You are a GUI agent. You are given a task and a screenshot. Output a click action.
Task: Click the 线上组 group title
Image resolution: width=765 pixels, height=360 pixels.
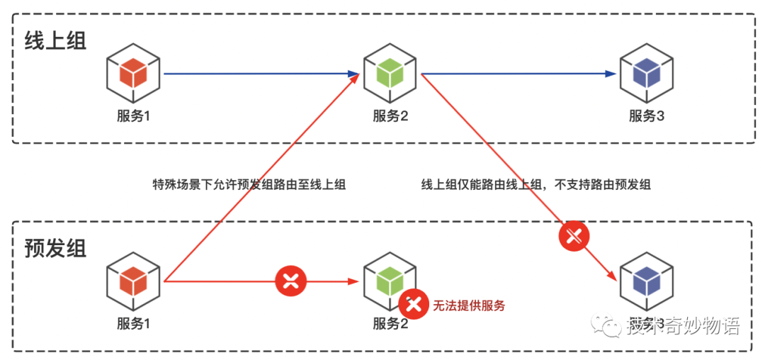click(x=55, y=40)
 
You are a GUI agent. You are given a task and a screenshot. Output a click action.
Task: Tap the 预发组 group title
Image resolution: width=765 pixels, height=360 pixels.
click(x=55, y=248)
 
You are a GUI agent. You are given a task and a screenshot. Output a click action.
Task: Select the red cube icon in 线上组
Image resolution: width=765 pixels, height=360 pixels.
click(x=132, y=73)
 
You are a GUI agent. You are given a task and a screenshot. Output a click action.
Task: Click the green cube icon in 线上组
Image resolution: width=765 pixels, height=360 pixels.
click(x=389, y=73)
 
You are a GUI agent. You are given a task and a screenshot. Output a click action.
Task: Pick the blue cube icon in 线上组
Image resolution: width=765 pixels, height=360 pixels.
click(x=645, y=73)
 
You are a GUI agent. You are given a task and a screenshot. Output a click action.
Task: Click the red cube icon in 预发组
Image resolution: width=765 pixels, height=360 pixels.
click(x=132, y=281)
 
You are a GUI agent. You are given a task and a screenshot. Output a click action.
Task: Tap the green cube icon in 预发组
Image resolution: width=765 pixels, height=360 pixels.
click(x=389, y=281)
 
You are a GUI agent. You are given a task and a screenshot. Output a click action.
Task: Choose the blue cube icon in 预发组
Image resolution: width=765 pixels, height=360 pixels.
click(x=645, y=281)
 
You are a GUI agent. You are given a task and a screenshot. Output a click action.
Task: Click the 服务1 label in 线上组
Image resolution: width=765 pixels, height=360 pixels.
click(x=134, y=117)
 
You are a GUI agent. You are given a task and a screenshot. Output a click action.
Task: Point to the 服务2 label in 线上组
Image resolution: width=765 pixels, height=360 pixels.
click(x=390, y=117)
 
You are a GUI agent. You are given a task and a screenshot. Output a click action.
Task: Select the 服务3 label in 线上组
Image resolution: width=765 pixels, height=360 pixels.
click(x=647, y=117)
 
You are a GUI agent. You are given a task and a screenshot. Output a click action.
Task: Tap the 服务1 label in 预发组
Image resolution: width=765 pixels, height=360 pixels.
click(x=134, y=325)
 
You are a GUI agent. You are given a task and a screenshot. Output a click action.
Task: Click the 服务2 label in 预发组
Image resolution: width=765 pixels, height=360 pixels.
click(x=390, y=325)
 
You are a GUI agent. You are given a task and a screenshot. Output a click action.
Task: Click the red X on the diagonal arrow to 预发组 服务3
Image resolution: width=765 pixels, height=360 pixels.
click(x=574, y=237)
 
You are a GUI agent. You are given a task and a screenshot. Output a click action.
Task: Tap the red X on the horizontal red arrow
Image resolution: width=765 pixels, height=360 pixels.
click(x=290, y=281)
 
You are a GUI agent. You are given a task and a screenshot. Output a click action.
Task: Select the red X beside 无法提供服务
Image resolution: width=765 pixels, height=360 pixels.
click(x=414, y=305)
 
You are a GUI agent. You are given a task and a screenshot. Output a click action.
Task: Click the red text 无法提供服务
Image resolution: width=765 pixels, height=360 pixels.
click(x=469, y=306)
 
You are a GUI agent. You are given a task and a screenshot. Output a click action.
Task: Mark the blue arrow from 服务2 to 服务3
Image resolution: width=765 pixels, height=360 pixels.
click(x=517, y=73)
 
